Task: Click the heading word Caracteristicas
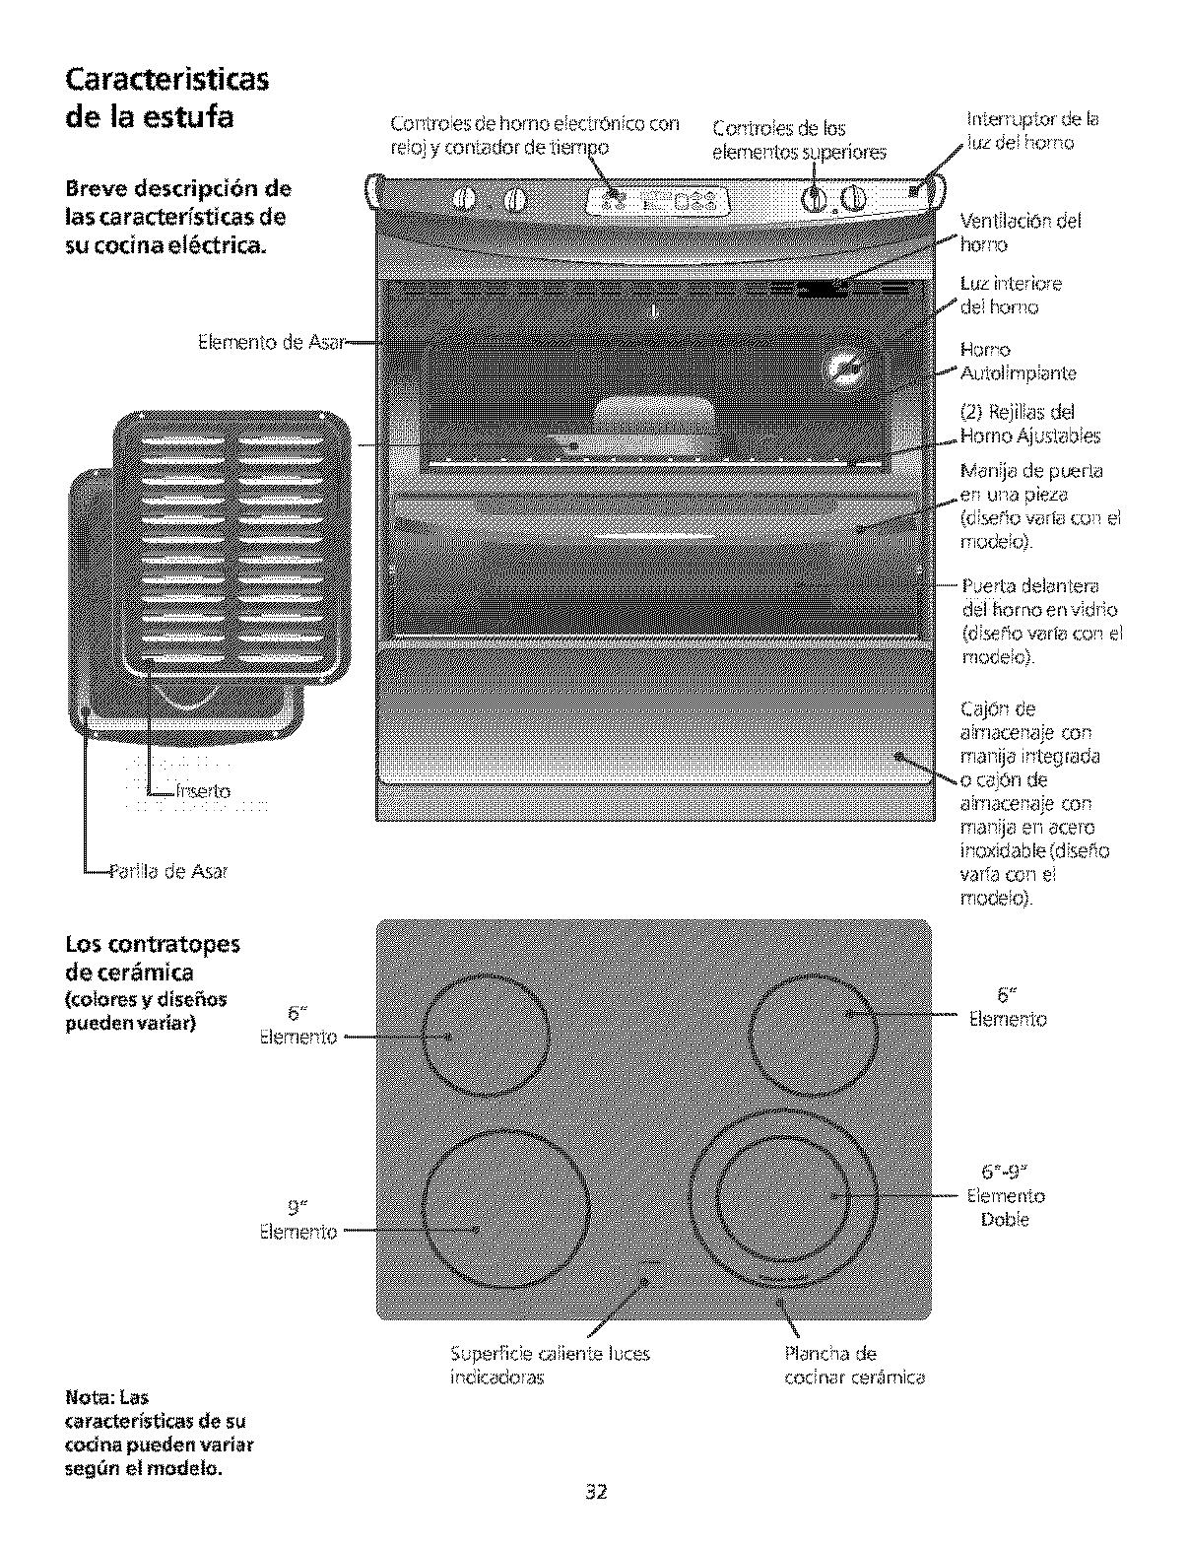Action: [x=165, y=79]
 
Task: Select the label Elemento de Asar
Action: [x=270, y=343]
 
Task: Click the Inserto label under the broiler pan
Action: [x=204, y=791]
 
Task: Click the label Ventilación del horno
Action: [x=1020, y=233]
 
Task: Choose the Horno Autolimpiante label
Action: [x=1018, y=362]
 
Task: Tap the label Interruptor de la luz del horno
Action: [x=1031, y=131]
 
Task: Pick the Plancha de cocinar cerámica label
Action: [x=854, y=1366]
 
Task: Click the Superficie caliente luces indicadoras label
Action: [x=550, y=1366]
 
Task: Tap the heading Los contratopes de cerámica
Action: [x=152, y=958]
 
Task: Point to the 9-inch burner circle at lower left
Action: [x=505, y=1211]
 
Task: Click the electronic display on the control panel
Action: [x=658, y=201]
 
